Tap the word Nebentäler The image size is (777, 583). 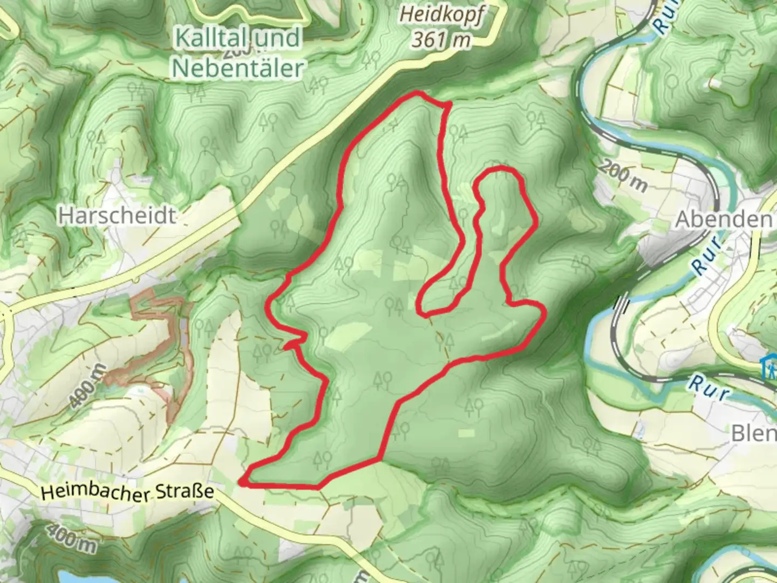238,68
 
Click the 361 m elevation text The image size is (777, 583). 441,39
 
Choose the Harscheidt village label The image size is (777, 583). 117,216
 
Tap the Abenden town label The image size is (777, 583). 724,219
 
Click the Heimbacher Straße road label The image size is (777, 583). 127,492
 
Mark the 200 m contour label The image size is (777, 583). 623,176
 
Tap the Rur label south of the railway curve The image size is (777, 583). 708,389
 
